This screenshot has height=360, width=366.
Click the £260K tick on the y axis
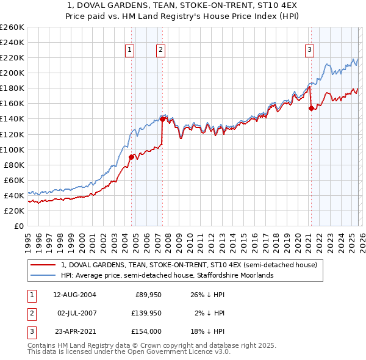12,27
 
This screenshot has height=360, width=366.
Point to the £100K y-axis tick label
12,149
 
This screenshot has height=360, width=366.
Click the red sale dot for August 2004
131,157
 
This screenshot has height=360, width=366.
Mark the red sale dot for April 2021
311,108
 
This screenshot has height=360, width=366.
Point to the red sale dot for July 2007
162,119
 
